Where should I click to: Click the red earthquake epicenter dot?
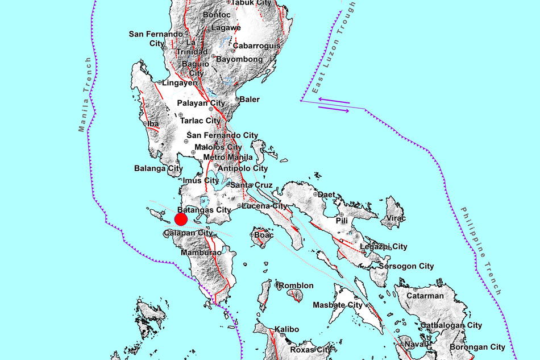coord(181,220)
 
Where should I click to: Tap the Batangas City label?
coord(203,210)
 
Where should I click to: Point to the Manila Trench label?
coord(85,94)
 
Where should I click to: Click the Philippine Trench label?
coord(480,250)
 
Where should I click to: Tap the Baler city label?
coord(250,100)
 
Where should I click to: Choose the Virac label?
coord(397,218)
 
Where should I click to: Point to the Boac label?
coord(264,234)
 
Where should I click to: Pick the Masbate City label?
coord(338,305)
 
